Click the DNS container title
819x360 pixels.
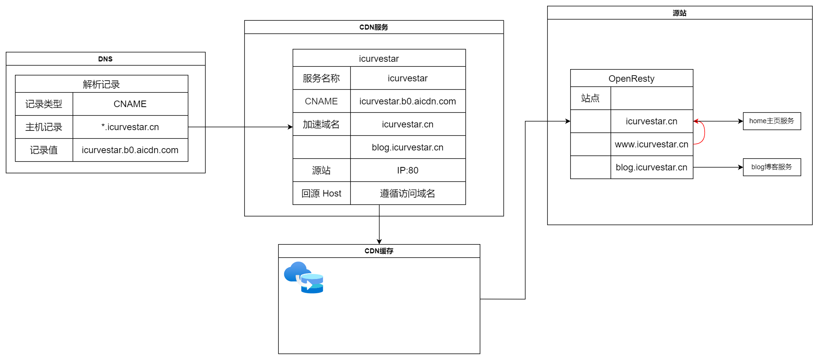pyautogui.click(x=105, y=59)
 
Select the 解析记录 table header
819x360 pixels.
pyautogui.click(x=101, y=84)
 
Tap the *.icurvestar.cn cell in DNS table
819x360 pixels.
pyautogui.click(x=130, y=127)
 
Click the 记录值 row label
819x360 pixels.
pyautogui.click(x=44, y=150)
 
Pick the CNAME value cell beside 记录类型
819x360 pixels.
pyautogui.click(x=130, y=104)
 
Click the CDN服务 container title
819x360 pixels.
pyautogui.click(x=374, y=27)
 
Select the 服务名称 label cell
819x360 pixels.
pyautogui.click(x=321, y=78)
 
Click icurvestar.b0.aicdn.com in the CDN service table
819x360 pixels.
pyautogui.click(x=407, y=101)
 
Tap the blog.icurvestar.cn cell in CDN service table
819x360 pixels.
pyautogui.click(x=407, y=147)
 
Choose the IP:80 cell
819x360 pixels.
pyautogui.click(x=407, y=170)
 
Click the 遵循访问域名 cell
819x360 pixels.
pyautogui.click(x=407, y=193)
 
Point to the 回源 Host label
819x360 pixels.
pyautogui.click(x=321, y=193)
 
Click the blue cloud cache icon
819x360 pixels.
pyautogui.click(x=304, y=277)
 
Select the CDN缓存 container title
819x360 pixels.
pyautogui.click(x=379, y=251)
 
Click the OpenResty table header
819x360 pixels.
pyautogui.click(x=631, y=78)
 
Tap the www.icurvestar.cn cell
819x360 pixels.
pyautogui.click(x=651, y=144)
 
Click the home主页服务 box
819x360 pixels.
pyautogui.click(x=771, y=121)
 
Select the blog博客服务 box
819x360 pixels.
pyautogui.click(x=771, y=167)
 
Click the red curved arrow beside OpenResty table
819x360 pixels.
pyautogui.click(x=704, y=133)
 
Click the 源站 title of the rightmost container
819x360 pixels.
pyautogui.click(x=679, y=13)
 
